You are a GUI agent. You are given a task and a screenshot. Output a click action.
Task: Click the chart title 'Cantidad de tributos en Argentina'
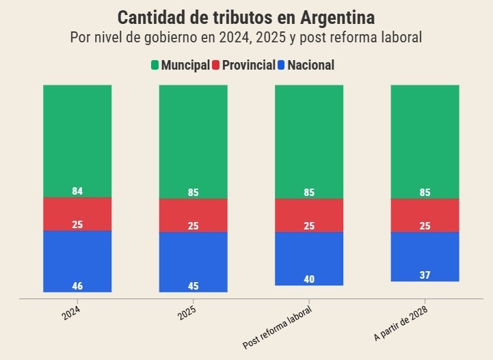click(x=246, y=17)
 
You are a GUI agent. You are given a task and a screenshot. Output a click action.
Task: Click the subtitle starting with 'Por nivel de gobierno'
click(x=246, y=37)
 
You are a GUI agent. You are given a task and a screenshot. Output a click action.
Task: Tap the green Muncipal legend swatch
click(x=155, y=66)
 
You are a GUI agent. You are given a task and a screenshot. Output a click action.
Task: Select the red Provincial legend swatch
click(x=216, y=66)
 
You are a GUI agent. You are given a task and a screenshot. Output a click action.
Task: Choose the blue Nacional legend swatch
click(x=280, y=66)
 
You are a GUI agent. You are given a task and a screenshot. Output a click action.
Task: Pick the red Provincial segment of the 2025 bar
click(x=194, y=215)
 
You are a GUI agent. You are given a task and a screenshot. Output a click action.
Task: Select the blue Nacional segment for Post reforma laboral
click(x=309, y=258)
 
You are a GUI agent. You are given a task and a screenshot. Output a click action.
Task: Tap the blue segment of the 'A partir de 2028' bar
click(x=425, y=256)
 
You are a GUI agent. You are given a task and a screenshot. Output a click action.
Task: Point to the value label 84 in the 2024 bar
click(x=77, y=191)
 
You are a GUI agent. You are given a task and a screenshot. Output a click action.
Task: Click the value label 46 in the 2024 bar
click(x=77, y=286)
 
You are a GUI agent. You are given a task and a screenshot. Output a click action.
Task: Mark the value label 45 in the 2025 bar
click(x=194, y=286)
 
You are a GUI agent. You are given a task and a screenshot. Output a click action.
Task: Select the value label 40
click(x=309, y=279)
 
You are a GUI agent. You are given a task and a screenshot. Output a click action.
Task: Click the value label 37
click(x=425, y=275)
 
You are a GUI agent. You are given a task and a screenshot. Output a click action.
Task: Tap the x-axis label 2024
click(x=70, y=314)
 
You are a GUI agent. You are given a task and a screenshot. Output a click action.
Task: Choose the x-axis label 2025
click(x=186, y=314)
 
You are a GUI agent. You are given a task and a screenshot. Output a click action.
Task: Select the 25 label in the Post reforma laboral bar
click(x=309, y=226)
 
